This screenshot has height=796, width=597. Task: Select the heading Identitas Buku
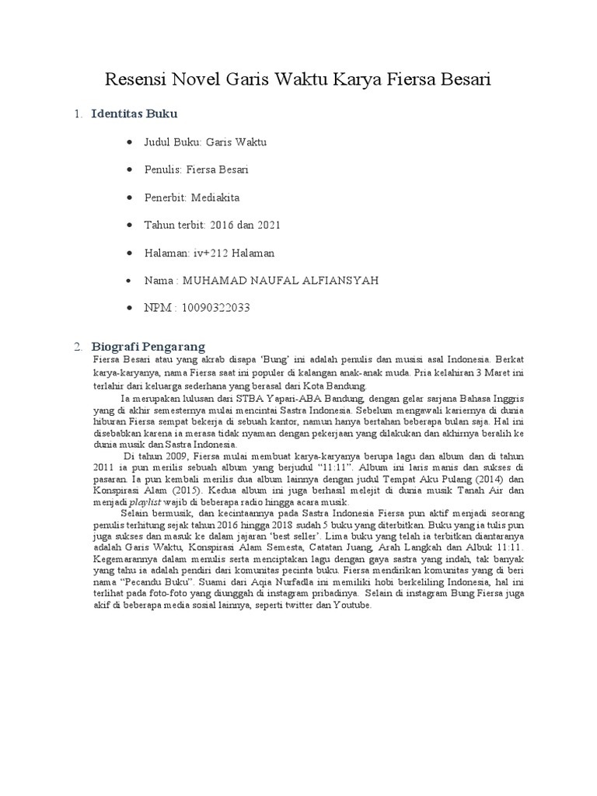coord(134,114)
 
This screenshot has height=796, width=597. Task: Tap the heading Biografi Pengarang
coord(148,346)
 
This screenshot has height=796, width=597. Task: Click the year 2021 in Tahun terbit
coord(266,225)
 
